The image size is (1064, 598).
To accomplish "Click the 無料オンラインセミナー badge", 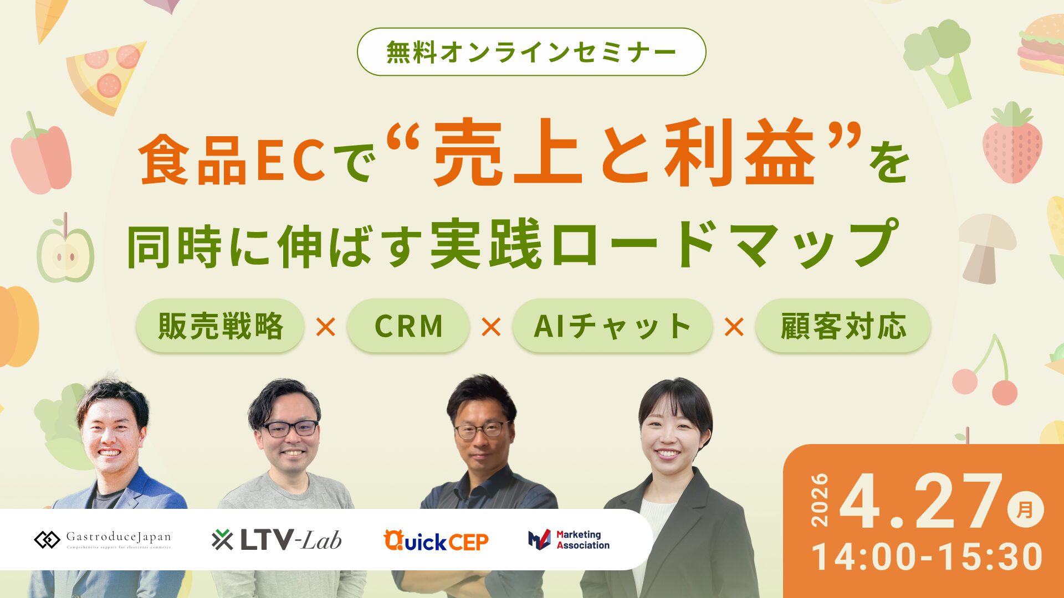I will click(x=531, y=52).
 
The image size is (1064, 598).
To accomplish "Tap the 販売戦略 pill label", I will click(x=220, y=326).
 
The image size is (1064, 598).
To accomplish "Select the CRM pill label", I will click(x=408, y=326).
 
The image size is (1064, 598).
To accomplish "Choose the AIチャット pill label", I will click(x=612, y=326).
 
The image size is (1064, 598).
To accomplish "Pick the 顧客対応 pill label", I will click(x=843, y=326).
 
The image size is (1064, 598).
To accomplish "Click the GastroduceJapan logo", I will click(x=103, y=539).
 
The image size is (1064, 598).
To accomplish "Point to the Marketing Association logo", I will click(x=569, y=540).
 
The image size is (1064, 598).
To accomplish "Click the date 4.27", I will click(x=920, y=503).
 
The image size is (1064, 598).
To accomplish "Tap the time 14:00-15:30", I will click(x=927, y=557).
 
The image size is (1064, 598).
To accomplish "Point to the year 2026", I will click(x=820, y=500).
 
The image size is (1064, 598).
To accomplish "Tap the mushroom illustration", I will click(x=986, y=247).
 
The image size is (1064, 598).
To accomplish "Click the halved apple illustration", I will click(x=65, y=252).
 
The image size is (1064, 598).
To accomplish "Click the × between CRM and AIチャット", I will click(x=491, y=327).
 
